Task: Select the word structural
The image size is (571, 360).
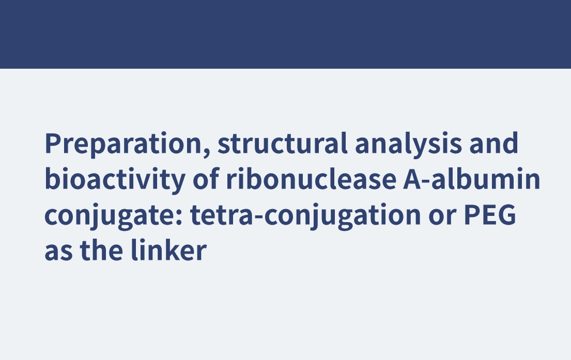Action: [283, 143]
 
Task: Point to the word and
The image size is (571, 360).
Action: [494, 143]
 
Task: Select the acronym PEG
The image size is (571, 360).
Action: [489, 214]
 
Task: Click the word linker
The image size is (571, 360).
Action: [168, 250]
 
